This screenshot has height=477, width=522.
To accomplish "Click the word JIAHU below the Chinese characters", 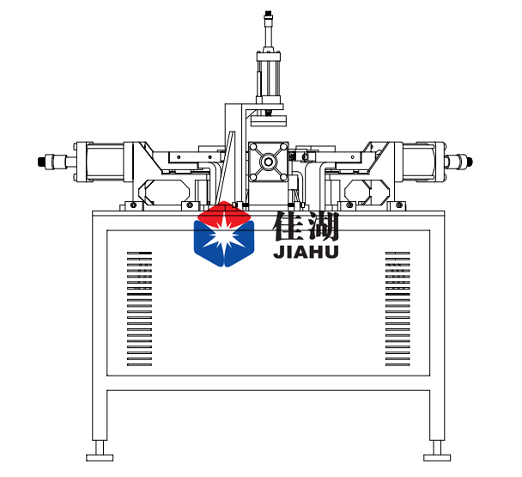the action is (x=306, y=252).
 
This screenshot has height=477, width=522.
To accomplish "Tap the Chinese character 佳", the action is (x=288, y=226).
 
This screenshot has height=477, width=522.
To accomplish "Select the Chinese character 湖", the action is (x=323, y=226).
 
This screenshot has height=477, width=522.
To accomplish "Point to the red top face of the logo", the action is (x=224, y=213).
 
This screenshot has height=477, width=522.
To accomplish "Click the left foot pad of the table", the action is (x=100, y=458).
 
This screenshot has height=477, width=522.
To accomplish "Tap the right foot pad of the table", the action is (x=437, y=458).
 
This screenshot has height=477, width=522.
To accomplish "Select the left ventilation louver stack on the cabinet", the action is (x=139, y=309).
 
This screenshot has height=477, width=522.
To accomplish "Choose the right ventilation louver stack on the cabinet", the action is (x=398, y=309).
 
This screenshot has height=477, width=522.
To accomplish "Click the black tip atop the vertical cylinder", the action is (x=267, y=14).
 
